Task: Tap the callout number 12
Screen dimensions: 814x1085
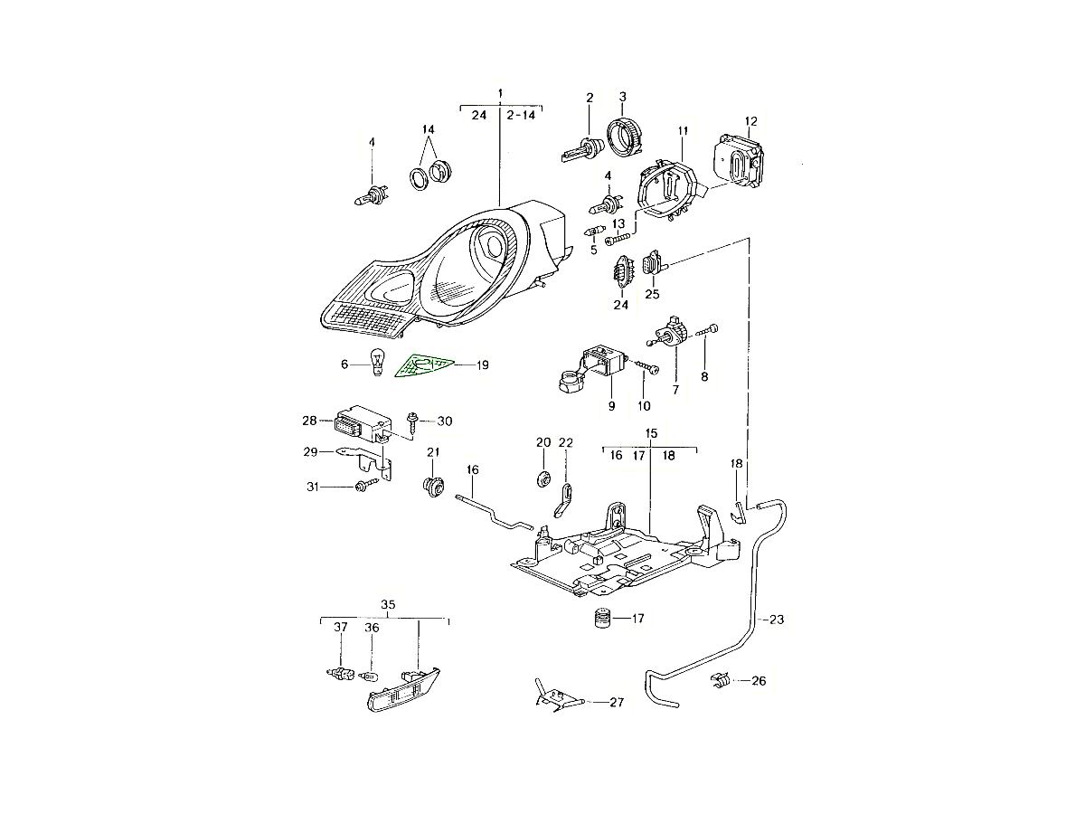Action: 751,121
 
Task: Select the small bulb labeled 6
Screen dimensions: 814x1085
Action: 378,362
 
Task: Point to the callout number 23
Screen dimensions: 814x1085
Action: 777,620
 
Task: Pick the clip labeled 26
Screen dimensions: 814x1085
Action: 722,681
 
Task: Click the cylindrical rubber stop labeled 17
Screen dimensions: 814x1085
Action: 600,620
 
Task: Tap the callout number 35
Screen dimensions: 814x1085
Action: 388,604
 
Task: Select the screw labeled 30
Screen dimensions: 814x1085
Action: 413,420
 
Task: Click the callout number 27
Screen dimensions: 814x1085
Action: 617,702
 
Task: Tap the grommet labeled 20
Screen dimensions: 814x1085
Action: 544,477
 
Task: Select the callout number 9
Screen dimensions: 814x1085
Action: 611,406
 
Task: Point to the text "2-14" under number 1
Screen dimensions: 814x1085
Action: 522,116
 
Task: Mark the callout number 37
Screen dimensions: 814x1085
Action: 341,627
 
